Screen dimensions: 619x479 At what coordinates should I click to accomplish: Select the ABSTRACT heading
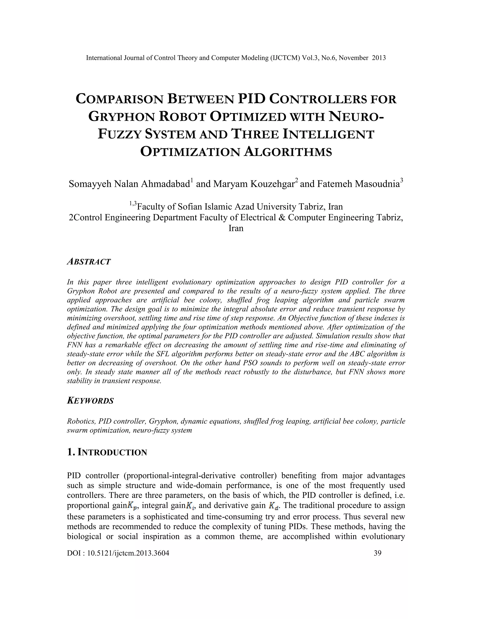(89, 262)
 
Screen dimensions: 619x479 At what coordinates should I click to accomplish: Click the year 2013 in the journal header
(379, 58)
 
